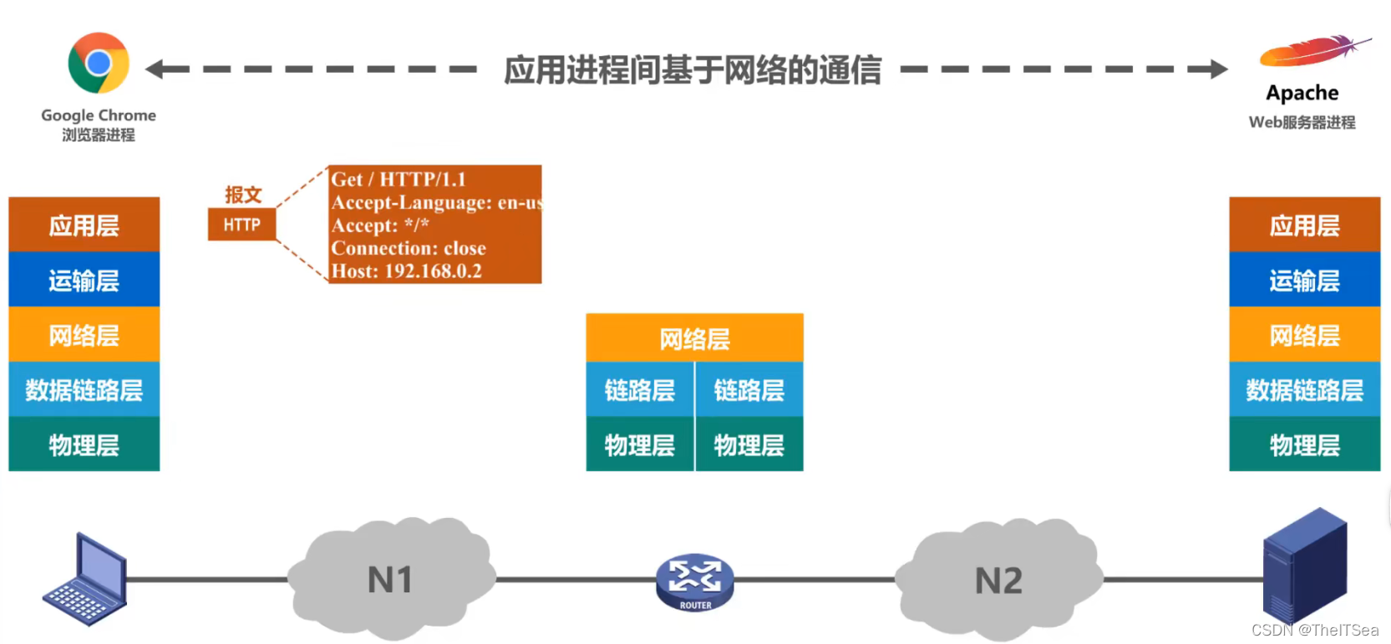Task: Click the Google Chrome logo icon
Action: (99, 63)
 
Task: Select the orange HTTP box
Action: (241, 225)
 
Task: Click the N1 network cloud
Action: (390, 579)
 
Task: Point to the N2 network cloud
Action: (998, 579)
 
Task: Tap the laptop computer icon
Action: (86, 581)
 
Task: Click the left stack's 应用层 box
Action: (84, 225)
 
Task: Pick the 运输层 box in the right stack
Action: (1304, 280)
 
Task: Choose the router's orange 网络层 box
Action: (694, 338)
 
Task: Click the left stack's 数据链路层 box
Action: (84, 389)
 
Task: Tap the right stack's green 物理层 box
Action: (1304, 444)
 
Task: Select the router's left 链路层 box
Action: (640, 389)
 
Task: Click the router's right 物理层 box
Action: (749, 444)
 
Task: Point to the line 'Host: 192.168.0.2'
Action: (407, 271)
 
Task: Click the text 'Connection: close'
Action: (409, 248)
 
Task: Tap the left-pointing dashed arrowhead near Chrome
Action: (155, 69)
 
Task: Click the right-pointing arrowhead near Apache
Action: (1219, 69)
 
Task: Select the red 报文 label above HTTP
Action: (243, 195)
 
